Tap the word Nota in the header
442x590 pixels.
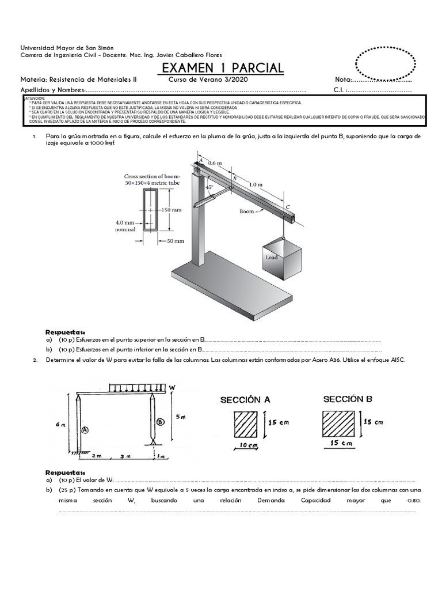coord(343,80)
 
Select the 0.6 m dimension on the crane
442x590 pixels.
coord(215,164)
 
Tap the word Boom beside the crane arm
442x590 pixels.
coord(246,211)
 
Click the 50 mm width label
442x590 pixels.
coord(176,241)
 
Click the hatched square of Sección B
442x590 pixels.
coord(338,426)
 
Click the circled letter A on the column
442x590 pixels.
coord(85,429)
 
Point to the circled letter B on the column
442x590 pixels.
coord(159,421)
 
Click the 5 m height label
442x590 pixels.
coord(180,416)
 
